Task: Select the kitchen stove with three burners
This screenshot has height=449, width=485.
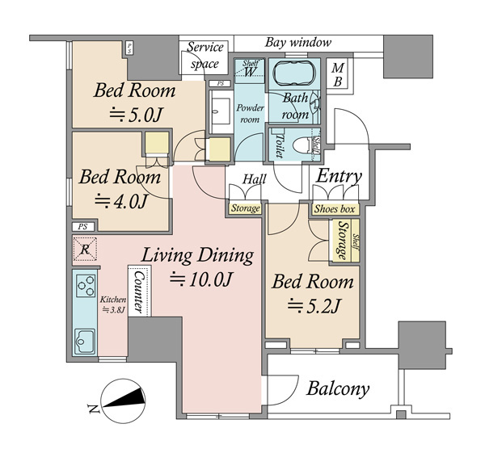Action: pos(86,286)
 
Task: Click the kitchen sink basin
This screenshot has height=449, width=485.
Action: pos(84,341)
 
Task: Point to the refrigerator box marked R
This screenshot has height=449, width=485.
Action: pos(85,249)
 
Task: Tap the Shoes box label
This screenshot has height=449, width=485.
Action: pos(335,209)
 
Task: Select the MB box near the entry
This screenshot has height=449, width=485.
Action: pos(338,74)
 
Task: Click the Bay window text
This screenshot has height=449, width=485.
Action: pos(298,42)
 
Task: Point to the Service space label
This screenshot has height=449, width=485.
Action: pos(205,55)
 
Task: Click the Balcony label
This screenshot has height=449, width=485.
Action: pos(338,388)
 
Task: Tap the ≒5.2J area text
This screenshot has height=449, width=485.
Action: pos(314,306)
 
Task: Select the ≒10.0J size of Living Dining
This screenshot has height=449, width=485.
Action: pos(200,279)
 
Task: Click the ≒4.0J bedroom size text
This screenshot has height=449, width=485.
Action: pos(120,201)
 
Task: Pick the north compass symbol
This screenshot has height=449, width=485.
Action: pos(124,401)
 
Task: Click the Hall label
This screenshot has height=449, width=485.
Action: pos(255,179)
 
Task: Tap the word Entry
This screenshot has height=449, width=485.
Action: pos(339,176)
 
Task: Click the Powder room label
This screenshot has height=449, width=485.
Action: pos(251,113)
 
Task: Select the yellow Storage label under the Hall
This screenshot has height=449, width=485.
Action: pos(245,208)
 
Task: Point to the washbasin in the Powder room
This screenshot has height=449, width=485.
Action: pos(221,111)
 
